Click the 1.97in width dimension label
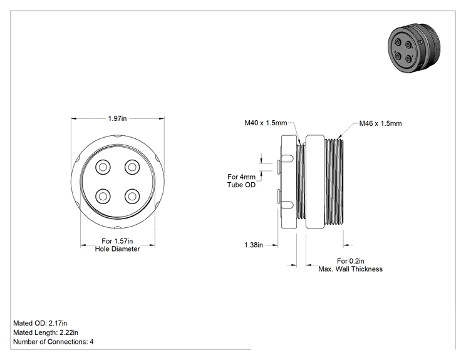[x=117, y=118]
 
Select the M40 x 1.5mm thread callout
[x=266, y=123]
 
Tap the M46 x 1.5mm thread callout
[x=380, y=123]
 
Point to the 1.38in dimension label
[x=254, y=245]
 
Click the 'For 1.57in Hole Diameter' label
[x=117, y=245]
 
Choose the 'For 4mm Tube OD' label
[x=241, y=181]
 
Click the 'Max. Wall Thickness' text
[x=350, y=269]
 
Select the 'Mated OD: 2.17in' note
[x=40, y=323]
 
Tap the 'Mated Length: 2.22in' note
[x=46, y=332]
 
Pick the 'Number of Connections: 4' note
[x=53, y=342]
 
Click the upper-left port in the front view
[x=103, y=167]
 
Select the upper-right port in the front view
[x=132, y=167]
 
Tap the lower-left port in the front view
[x=103, y=196]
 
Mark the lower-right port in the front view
[x=132, y=196]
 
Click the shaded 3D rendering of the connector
[x=414, y=48]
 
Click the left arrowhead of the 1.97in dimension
[x=74, y=118]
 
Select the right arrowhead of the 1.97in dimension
[x=162, y=118]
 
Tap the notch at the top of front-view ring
[x=118, y=136]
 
